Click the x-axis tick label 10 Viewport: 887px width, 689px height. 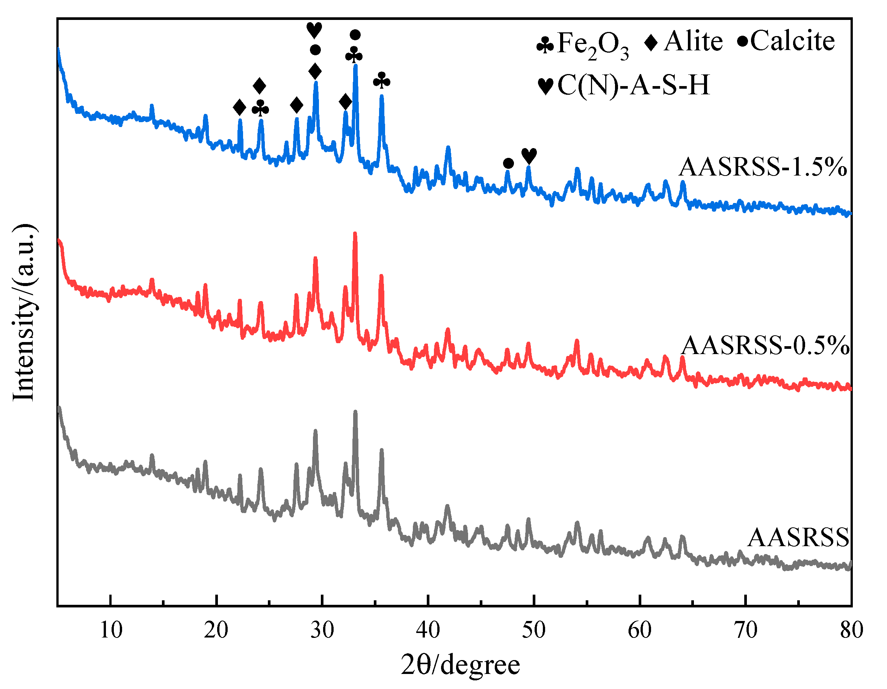(x=110, y=630)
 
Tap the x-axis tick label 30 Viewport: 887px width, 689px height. (x=322, y=630)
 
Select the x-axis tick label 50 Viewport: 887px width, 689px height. (x=533, y=630)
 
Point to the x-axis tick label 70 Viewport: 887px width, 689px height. (x=746, y=630)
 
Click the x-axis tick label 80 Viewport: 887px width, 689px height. (x=851, y=630)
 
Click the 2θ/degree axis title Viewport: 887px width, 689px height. (x=460, y=665)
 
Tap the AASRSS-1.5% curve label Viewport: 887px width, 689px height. (x=763, y=167)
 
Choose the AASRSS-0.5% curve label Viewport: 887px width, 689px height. (x=765, y=346)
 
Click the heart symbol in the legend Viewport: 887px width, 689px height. (x=545, y=86)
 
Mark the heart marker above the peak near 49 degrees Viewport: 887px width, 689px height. (x=529, y=156)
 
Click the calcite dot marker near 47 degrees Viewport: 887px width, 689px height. (x=508, y=163)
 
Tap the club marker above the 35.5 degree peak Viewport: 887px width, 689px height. (x=381, y=81)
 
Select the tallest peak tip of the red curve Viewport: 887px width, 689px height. (x=355, y=233)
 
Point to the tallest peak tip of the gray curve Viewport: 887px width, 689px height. (x=355, y=412)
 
